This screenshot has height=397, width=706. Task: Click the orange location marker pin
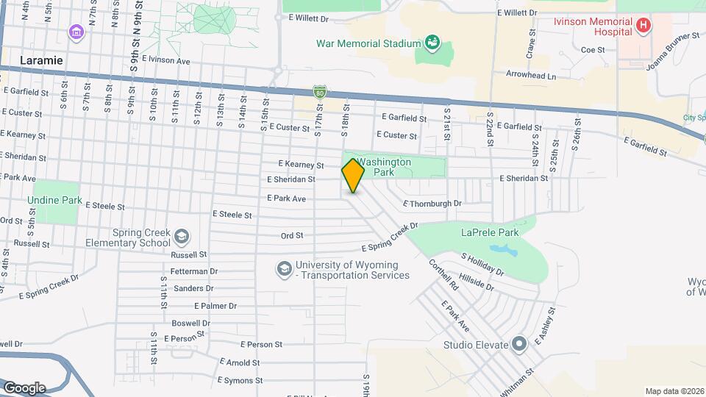click(354, 175)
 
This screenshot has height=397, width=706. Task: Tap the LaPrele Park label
click(490, 232)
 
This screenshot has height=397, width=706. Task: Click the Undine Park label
click(54, 199)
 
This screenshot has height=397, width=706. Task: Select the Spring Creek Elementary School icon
click(181, 237)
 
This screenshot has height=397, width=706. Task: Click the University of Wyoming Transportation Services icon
click(284, 270)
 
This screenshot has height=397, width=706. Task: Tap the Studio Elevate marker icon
click(519, 344)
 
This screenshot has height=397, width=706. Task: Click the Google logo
click(24, 387)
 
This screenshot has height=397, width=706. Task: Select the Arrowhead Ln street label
click(531, 75)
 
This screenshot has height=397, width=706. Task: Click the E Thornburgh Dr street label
click(432, 203)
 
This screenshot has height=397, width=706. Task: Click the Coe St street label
click(592, 50)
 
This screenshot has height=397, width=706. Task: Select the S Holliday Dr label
click(482, 265)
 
